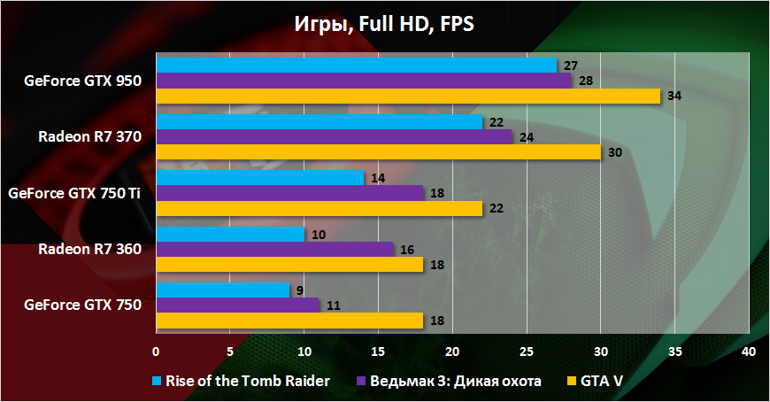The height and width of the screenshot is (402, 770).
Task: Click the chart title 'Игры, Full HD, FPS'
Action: click(x=384, y=24)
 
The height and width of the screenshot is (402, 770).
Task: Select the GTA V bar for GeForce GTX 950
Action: click(x=408, y=96)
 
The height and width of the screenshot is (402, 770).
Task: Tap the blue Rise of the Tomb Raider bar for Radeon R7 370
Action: click(x=319, y=121)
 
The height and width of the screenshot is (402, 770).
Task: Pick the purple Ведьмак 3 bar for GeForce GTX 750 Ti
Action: click(x=289, y=192)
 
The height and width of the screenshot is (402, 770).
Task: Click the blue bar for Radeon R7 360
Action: click(x=230, y=234)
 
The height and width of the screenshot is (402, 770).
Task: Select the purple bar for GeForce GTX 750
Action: click(x=237, y=305)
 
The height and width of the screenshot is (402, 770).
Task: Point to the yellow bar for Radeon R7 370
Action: click(x=378, y=151)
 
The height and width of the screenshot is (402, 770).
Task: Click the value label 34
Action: click(x=674, y=96)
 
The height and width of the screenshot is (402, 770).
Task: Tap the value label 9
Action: click(x=301, y=290)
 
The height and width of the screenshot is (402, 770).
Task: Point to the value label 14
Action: click(x=377, y=178)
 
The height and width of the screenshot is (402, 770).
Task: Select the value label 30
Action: click(x=614, y=151)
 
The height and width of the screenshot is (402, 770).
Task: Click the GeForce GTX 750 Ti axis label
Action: click(x=74, y=192)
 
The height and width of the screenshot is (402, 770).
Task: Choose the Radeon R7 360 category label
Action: click(x=89, y=249)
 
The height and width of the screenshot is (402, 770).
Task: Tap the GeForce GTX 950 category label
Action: click(x=83, y=81)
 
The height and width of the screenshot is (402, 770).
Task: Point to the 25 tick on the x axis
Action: click(x=526, y=352)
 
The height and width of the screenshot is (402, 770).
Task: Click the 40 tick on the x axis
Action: click(x=748, y=352)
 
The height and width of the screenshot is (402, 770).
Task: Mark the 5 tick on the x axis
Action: click(x=230, y=352)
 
